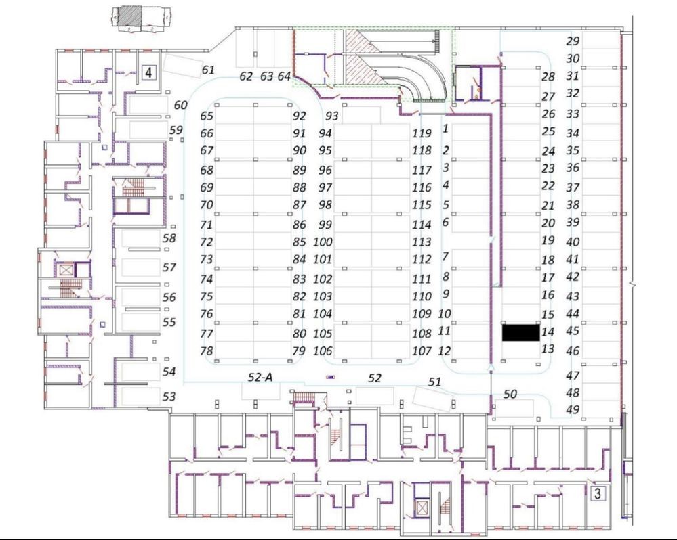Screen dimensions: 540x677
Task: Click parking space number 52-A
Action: (x=259, y=377)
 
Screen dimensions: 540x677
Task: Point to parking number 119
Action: (x=422, y=133)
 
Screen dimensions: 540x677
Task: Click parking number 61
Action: (x=208, y=70)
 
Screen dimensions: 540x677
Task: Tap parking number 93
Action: (x=331, y=116)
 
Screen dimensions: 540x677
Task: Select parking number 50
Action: (x=510, y=394)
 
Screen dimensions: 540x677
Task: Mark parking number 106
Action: (x=323, y=351)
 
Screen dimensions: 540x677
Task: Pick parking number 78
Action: (x=207, y=351)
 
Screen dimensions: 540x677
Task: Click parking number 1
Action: (x=445, y=127)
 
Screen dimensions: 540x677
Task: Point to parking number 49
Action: (x=573, y=409)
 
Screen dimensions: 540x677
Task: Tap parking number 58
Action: (x=169, y=238)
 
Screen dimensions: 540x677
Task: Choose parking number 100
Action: (x=323, y=242)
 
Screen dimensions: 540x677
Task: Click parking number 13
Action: (x=548, y=349)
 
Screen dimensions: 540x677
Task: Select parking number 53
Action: (x=169, y=397)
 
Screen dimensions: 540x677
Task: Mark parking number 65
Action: (x=207, y=116)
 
